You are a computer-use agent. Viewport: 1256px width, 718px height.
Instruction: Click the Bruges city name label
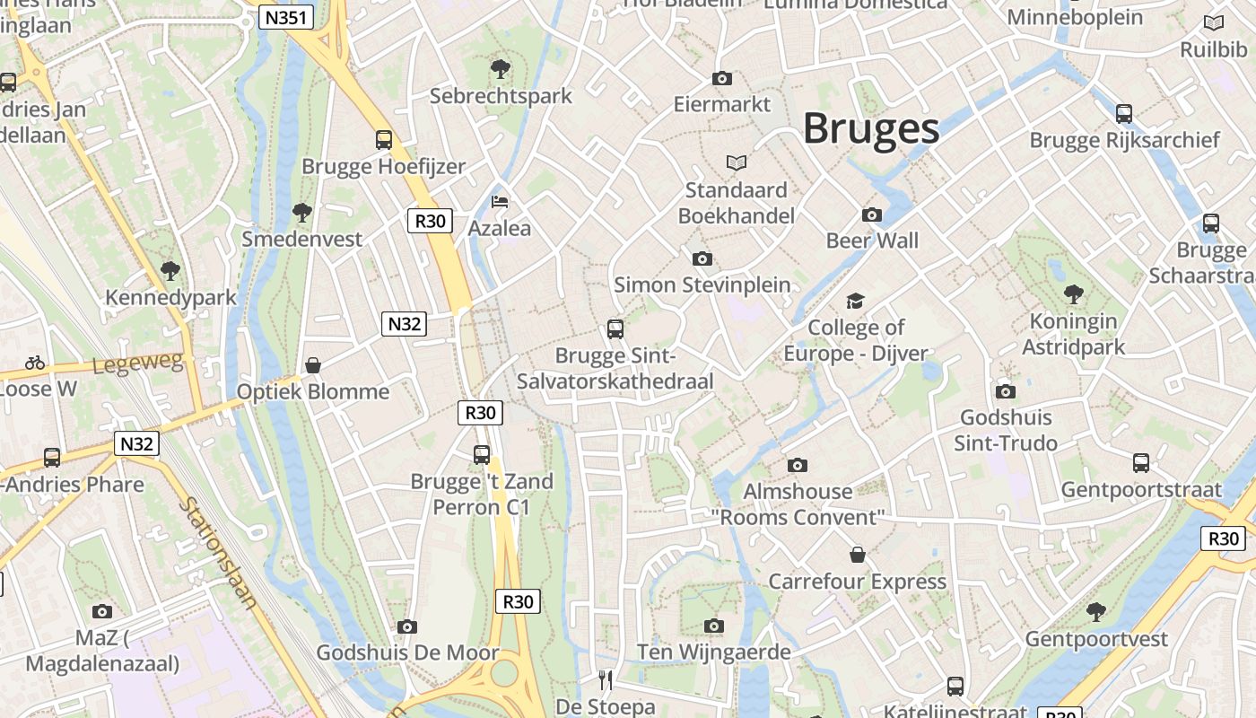point(870,128)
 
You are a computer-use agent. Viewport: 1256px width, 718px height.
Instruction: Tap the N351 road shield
point(285,17)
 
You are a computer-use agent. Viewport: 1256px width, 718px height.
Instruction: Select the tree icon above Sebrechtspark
point(501,68)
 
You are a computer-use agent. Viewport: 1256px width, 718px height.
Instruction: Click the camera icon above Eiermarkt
point(721,79)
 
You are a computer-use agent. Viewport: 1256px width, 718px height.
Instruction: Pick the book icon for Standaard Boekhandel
point(736,162)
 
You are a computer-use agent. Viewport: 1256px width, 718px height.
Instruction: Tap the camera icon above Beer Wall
point(871,215)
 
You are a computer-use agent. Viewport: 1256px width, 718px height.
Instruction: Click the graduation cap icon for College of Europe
point(855,302)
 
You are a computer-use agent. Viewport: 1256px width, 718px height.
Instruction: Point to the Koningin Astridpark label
point(1073,334)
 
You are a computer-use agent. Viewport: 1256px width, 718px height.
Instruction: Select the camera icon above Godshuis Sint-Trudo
point(1005,391)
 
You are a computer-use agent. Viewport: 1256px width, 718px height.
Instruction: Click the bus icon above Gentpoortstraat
point(1140,462)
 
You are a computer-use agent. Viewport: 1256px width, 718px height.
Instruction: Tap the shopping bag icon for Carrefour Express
point(857,555)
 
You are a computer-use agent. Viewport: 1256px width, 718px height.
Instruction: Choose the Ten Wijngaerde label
point(714,652)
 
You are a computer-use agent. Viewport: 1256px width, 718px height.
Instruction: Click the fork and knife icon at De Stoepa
point(606,679)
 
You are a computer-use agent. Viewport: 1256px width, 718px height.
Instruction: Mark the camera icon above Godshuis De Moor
point(407,626)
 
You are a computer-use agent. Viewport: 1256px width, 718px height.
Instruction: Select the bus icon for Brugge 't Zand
point(482,454)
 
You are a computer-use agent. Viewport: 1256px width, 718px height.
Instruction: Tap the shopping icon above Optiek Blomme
point(313,365)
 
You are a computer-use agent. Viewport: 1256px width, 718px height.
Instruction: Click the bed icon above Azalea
point(500,202)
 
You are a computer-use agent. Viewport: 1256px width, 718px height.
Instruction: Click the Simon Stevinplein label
point(702,285)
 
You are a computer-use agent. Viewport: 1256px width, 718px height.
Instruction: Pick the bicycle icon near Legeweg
point(35,363)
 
